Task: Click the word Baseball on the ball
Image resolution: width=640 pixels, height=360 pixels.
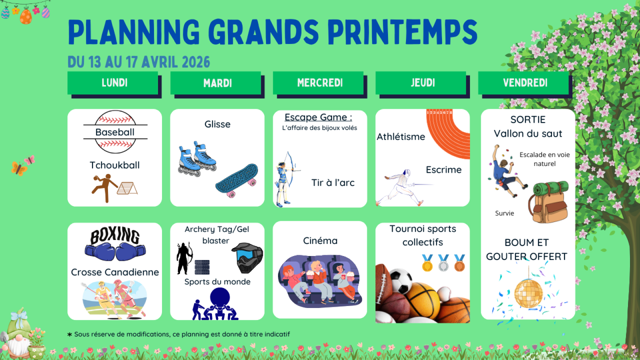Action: point(115,132)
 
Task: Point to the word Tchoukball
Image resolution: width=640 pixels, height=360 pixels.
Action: point(115,165)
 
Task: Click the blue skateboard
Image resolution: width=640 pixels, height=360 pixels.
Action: point(237,180)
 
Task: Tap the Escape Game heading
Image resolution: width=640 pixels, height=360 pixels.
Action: point(318,117)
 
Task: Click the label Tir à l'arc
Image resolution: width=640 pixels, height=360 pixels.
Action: point(333,182)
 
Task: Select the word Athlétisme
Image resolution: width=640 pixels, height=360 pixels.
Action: point(401,137)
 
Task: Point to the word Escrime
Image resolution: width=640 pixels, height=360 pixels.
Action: point(444,170)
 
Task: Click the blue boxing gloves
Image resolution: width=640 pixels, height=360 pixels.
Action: point(115,252)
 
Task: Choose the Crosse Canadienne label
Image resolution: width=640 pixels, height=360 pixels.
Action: point(115,272)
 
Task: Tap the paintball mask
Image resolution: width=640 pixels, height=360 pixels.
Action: point(248,258)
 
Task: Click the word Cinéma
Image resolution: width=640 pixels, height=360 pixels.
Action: point(320,241)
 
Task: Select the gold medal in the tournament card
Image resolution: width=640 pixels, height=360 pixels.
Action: point(428,263)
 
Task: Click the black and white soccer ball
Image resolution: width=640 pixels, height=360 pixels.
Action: point(401,281)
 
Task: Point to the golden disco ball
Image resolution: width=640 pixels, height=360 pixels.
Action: point(528,293)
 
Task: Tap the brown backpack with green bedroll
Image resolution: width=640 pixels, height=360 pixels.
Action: point(548,202)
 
